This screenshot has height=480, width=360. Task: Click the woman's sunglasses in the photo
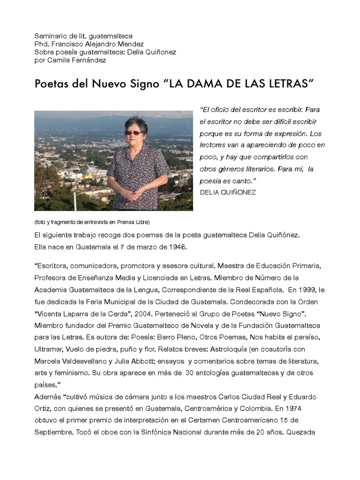[x=134, y=133]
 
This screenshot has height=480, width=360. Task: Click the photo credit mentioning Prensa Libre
[x=92, y=222]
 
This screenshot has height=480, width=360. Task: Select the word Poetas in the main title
[x=50, y=84]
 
